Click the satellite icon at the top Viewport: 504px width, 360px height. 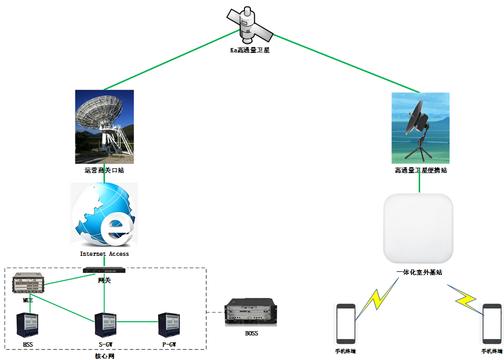click(x=249, y=25)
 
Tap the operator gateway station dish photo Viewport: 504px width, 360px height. click(x=104, y=127)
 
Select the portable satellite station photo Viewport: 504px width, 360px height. click(x=420, y=128)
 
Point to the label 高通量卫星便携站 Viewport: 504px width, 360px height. click(x=420, y=170)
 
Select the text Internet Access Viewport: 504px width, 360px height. click(x=104, y=254)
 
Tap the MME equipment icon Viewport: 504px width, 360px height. click(x=28, y=283)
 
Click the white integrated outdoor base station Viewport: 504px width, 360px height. click(x=419, y=229)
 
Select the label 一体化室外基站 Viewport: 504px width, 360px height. click(x=419, y=272)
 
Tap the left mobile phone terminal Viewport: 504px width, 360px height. click(x=345, y=324)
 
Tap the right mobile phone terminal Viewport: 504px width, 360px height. click(x=492, y=324)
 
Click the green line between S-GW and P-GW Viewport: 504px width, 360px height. click(x=137, y=322)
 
